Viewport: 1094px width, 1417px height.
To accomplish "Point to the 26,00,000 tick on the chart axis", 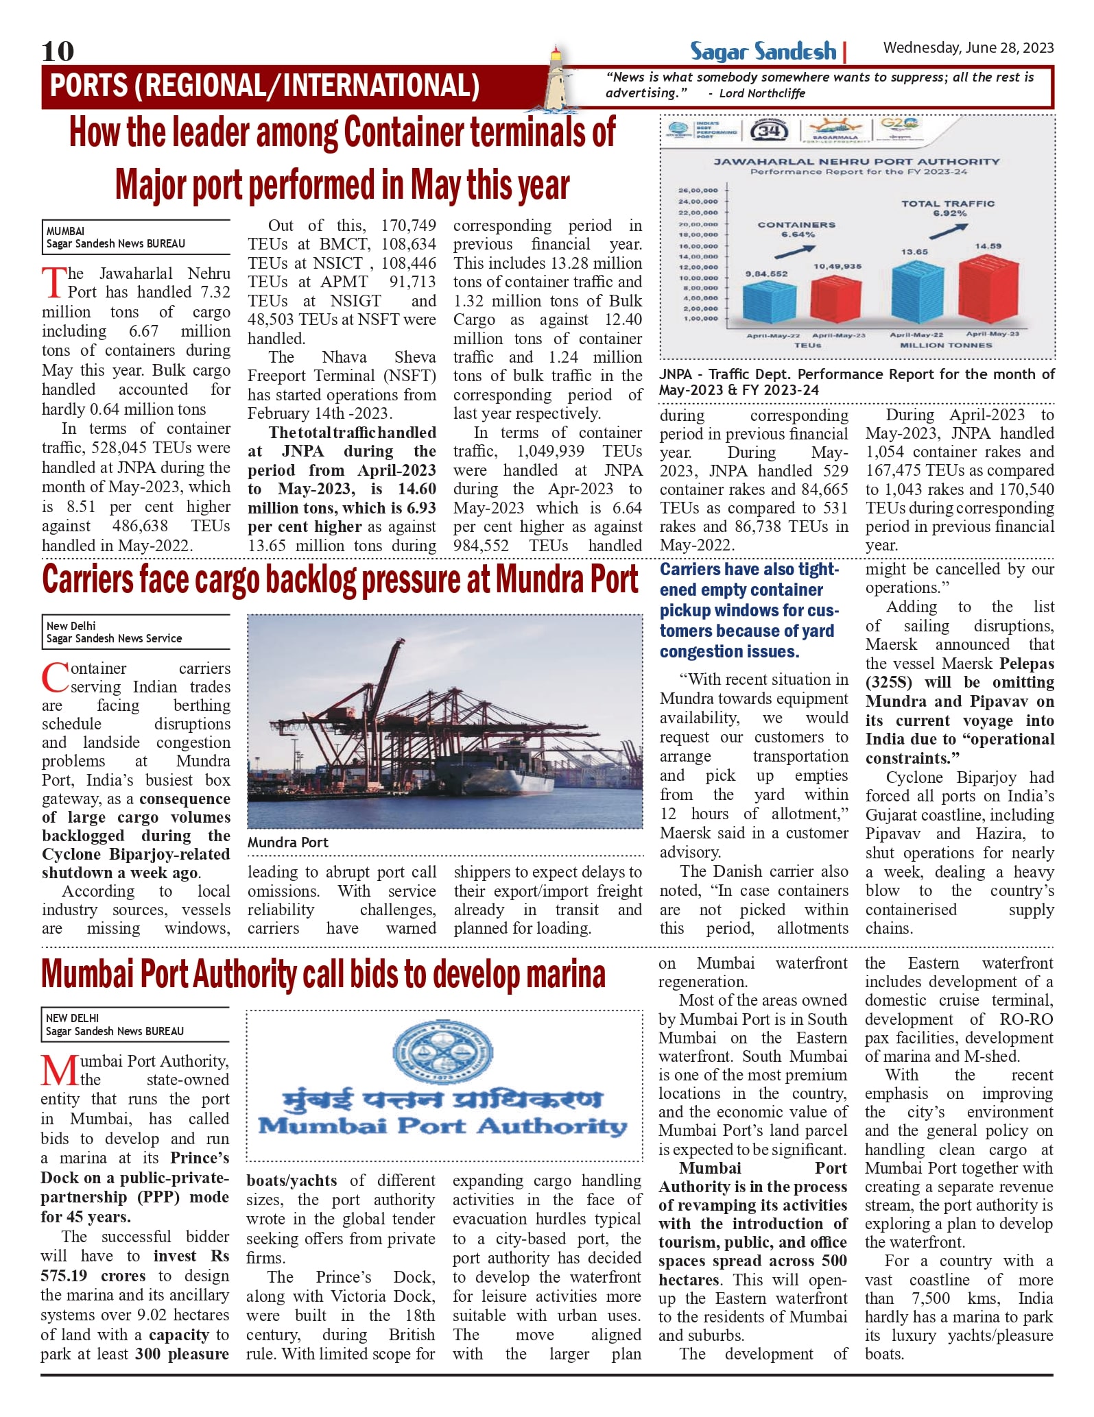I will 698,190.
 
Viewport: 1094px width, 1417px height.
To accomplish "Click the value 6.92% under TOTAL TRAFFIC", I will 949,213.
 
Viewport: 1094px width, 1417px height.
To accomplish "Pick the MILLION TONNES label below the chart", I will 946,346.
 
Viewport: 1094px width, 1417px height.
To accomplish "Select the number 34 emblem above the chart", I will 770,130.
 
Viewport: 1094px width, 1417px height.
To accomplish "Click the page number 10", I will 58,51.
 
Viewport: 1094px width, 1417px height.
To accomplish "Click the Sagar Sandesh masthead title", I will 763,51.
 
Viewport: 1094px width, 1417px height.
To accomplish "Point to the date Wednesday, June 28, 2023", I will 968,47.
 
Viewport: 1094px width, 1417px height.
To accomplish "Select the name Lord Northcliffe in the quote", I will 761,93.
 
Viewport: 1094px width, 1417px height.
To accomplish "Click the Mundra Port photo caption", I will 288,843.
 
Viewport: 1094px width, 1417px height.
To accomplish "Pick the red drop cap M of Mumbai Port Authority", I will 59,1070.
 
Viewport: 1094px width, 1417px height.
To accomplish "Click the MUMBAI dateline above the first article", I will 66,231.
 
